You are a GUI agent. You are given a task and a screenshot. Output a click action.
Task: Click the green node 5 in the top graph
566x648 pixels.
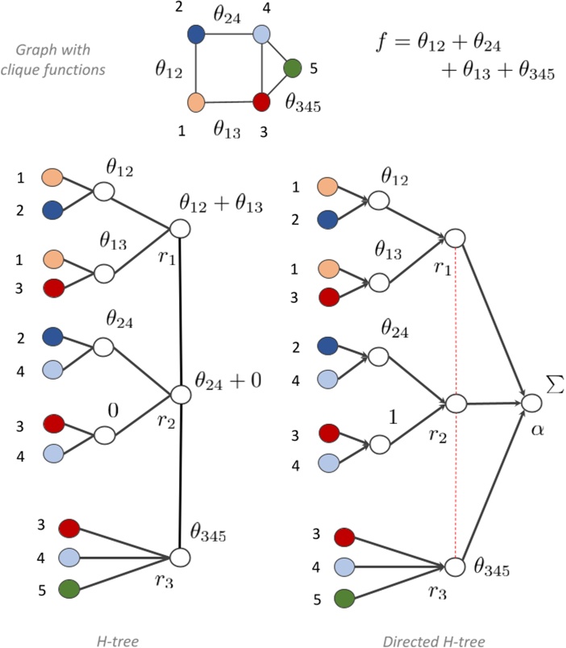[293, 68]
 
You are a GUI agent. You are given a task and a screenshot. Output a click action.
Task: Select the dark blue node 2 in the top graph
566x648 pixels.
[196, 35]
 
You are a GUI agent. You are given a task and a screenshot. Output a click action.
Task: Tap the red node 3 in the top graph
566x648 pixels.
[261, 102]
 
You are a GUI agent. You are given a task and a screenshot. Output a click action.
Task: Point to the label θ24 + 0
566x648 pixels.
[227, 380]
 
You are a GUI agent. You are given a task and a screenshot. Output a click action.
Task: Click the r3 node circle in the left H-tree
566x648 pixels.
[180, 557]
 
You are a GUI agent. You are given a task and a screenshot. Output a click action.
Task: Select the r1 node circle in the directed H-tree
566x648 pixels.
[456, 238]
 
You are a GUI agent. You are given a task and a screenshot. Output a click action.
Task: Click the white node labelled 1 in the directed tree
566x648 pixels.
[380, 444]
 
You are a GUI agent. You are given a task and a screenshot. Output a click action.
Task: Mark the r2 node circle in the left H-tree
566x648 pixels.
[180, 394]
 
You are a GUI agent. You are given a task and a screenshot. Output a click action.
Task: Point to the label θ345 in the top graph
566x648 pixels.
[303, 102]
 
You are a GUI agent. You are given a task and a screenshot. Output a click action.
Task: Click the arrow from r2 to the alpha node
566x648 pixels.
[492, 402]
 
